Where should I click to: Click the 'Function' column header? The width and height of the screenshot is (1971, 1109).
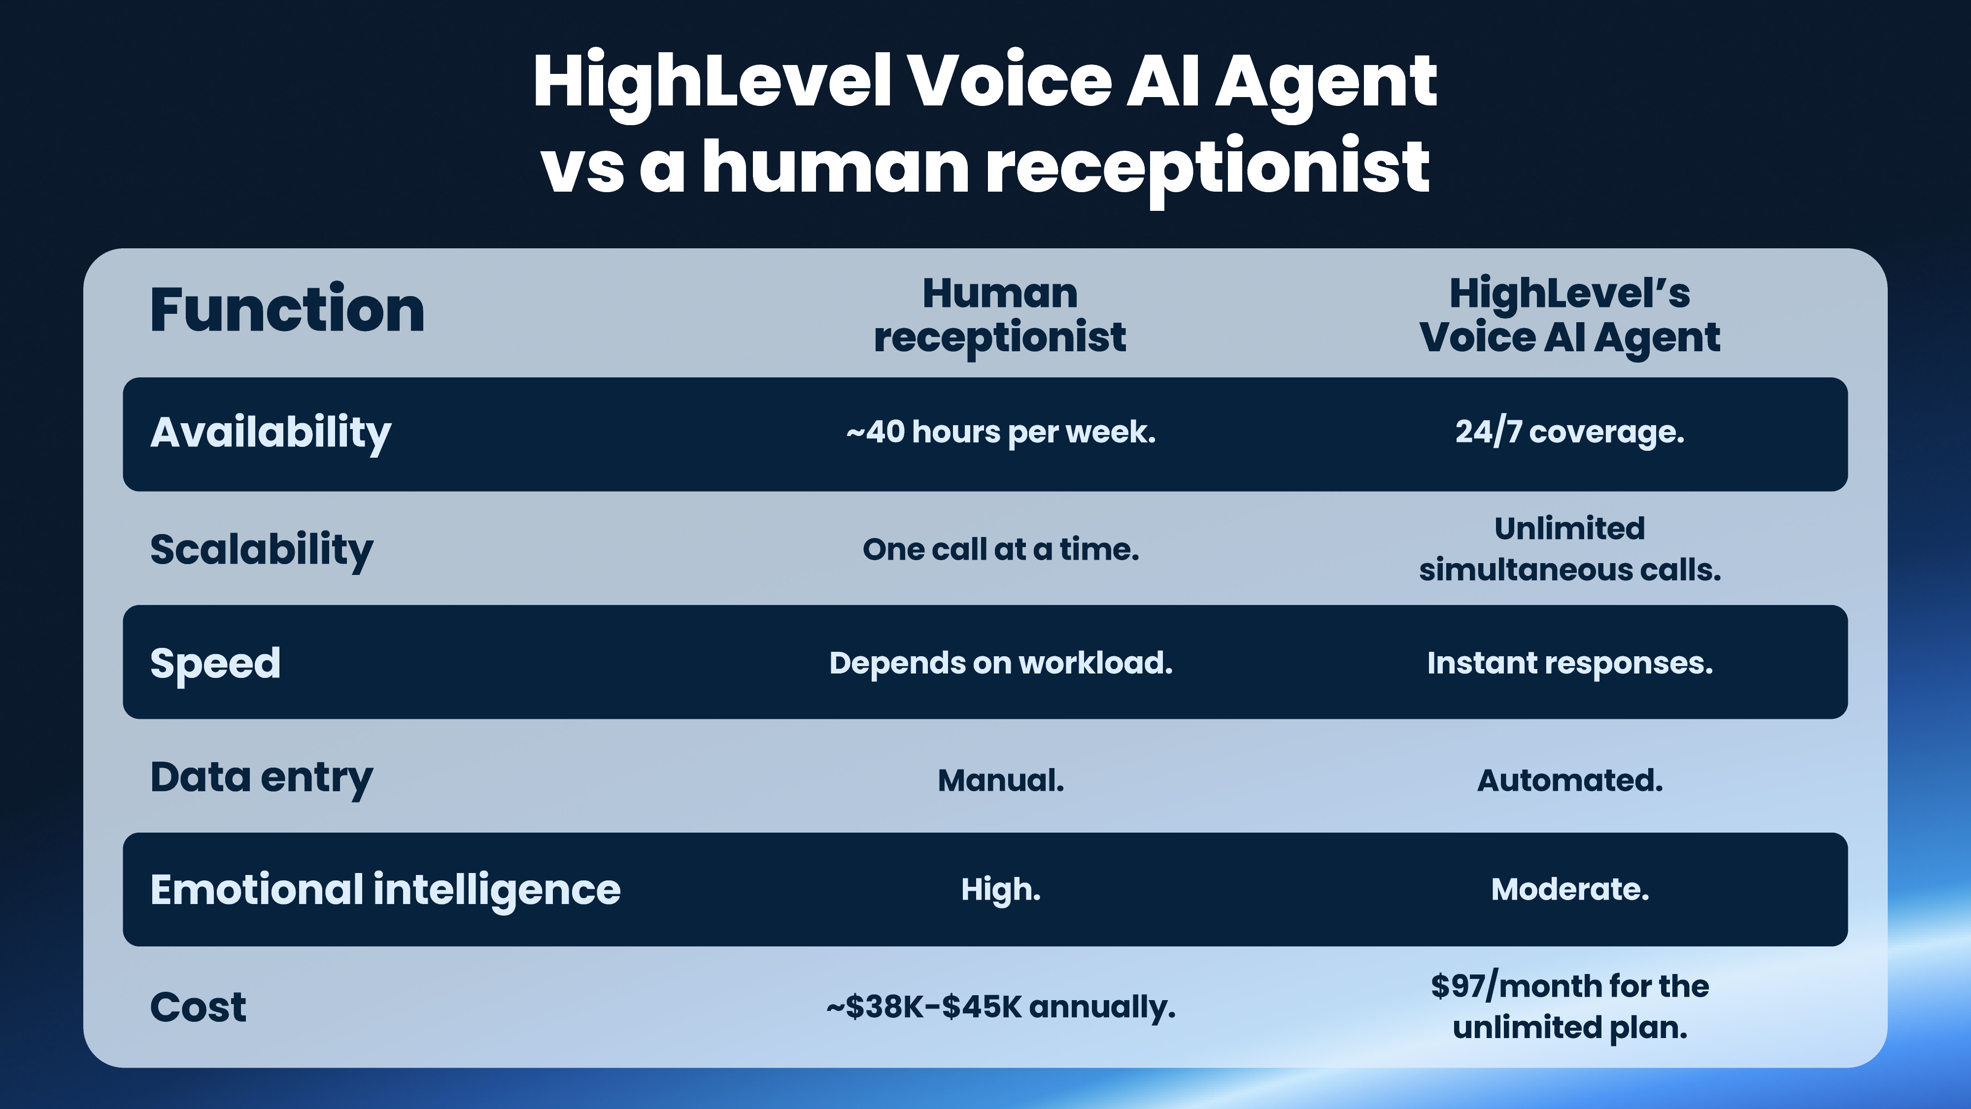287,310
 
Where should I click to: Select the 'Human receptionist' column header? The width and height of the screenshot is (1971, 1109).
1000,315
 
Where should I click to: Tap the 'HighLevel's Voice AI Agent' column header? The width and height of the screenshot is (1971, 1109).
1569,315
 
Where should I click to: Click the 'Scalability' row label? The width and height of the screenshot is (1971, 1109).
261,549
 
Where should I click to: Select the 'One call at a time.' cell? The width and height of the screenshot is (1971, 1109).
1000,549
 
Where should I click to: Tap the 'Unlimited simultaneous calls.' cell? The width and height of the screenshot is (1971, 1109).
1569,549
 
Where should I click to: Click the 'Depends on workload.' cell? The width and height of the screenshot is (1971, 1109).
1000,663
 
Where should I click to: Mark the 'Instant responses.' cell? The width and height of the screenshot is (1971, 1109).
1569,663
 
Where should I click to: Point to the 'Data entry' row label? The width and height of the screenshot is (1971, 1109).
261,778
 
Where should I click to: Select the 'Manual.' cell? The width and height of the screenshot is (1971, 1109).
1000,780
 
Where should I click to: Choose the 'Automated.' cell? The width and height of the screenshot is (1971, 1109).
1569,780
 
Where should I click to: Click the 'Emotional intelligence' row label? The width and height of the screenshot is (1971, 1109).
385,889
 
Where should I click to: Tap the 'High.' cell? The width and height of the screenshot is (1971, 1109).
1000,889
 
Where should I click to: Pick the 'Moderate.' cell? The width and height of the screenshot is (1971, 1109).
1569,889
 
